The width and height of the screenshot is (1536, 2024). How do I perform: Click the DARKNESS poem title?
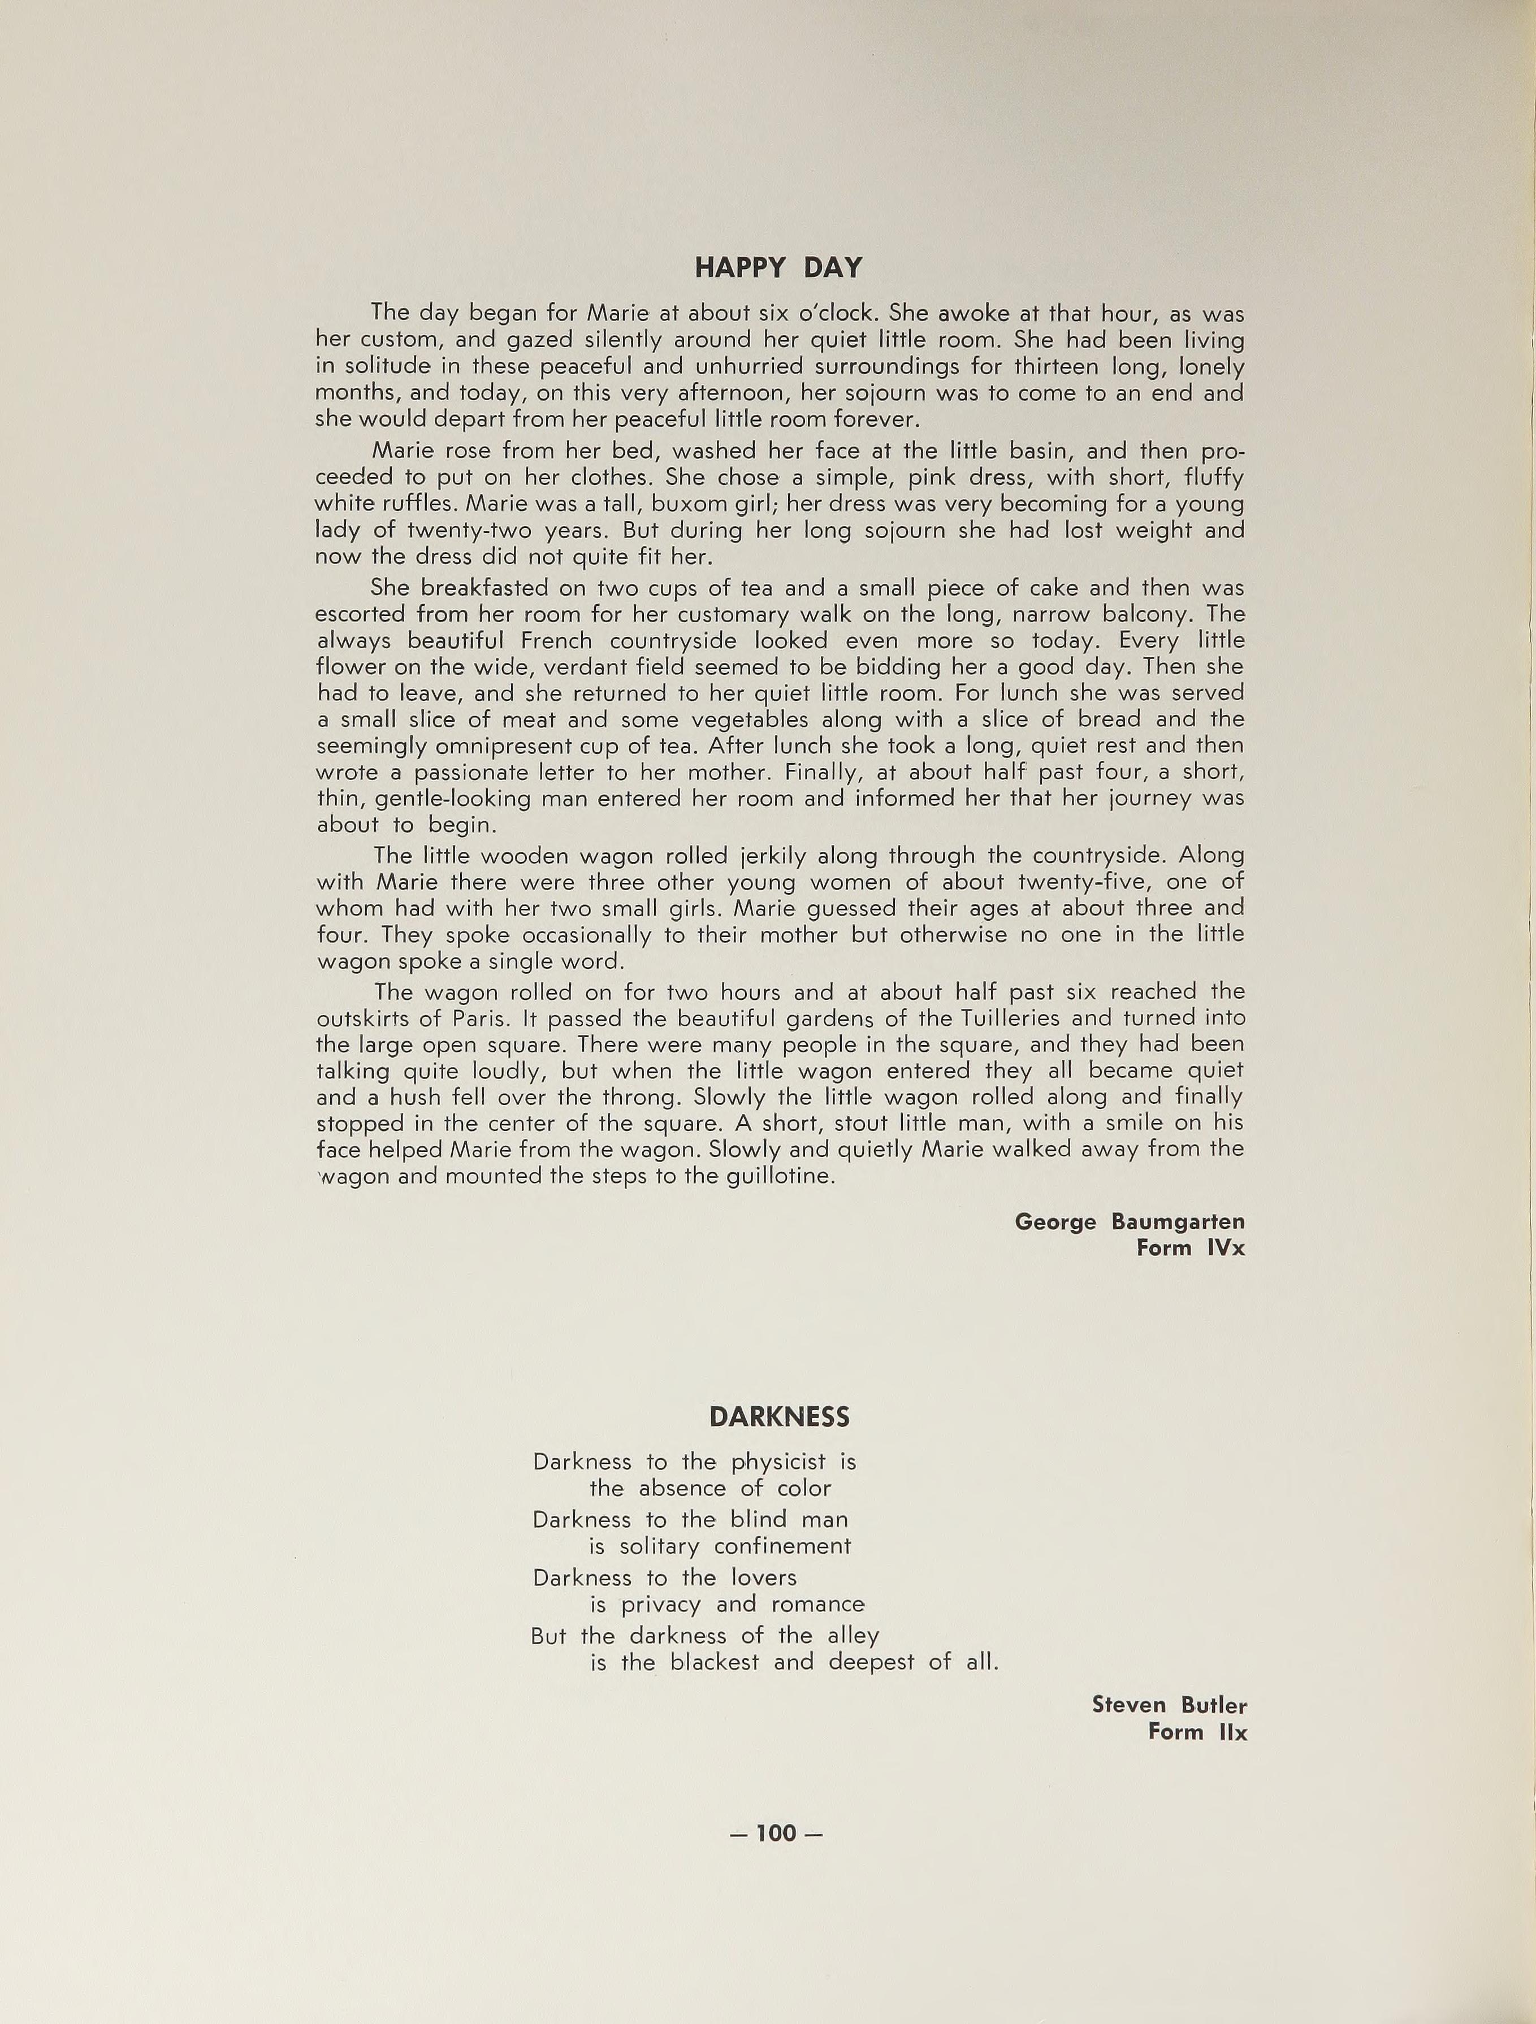(x=779, y=1418)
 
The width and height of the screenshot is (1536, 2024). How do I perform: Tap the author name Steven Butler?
(x=1169, y=1706)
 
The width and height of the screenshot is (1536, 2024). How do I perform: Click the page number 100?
(x=776, y=1833)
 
